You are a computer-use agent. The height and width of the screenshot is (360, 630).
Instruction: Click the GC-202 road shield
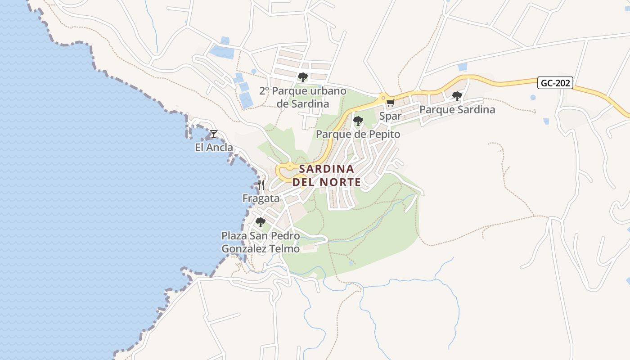[x=555, y=83]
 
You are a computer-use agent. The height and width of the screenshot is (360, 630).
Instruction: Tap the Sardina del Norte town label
[x=326, y=175]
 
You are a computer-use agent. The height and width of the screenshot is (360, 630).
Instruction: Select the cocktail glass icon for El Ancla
[x=214, y=134]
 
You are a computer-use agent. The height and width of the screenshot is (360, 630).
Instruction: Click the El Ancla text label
[x=214, y=148]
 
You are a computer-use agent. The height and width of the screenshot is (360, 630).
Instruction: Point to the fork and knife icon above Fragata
[x=261, y=184]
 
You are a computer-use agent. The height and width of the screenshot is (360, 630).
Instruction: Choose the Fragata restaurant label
[x=261, y=198]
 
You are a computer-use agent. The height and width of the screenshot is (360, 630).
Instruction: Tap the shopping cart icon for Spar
[x=390, y=103]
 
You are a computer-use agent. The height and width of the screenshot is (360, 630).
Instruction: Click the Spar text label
[x=390, y=116]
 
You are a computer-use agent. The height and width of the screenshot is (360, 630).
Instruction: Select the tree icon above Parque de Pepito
[x=358, y=121]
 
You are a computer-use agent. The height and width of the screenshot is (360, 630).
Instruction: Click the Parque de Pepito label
[x=358, y=134]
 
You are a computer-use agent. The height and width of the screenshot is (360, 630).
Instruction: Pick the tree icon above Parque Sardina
[x=457, y=96]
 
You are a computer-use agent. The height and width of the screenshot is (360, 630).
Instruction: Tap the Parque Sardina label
[x=457, y=109]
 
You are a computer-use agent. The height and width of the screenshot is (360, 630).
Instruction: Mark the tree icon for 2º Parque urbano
[x=303, y=77]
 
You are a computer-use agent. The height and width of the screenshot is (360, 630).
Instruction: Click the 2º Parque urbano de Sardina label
[x=303, y=97]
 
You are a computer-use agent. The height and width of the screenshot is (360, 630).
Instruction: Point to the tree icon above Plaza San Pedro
[x=260, y=222]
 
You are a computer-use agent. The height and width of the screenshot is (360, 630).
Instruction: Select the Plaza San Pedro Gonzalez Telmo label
[x=260, y=242]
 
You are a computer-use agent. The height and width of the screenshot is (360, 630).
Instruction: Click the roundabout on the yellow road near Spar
[x=383, y=97]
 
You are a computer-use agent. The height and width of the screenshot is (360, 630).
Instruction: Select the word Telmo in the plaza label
[x=284, y=249]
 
